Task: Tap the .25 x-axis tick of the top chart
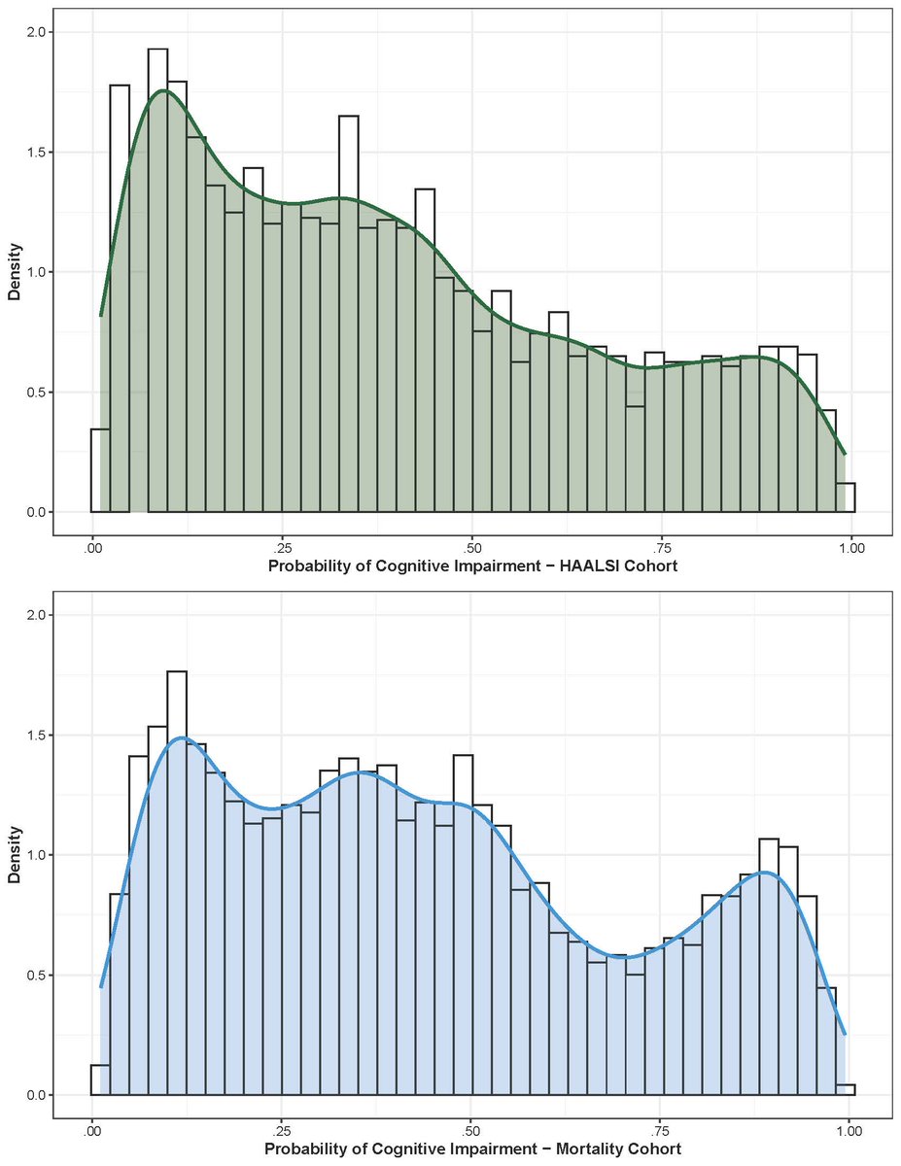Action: click(281, 548)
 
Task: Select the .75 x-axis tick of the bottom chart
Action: click(660, 1131)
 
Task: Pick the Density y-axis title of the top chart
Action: click(15, 272)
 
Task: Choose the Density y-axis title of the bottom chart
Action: click(15, 855)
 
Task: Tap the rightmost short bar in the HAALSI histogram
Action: click(845, 497)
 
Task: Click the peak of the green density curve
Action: click(164, 91)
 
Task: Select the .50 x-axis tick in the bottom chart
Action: click(470, 1131)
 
